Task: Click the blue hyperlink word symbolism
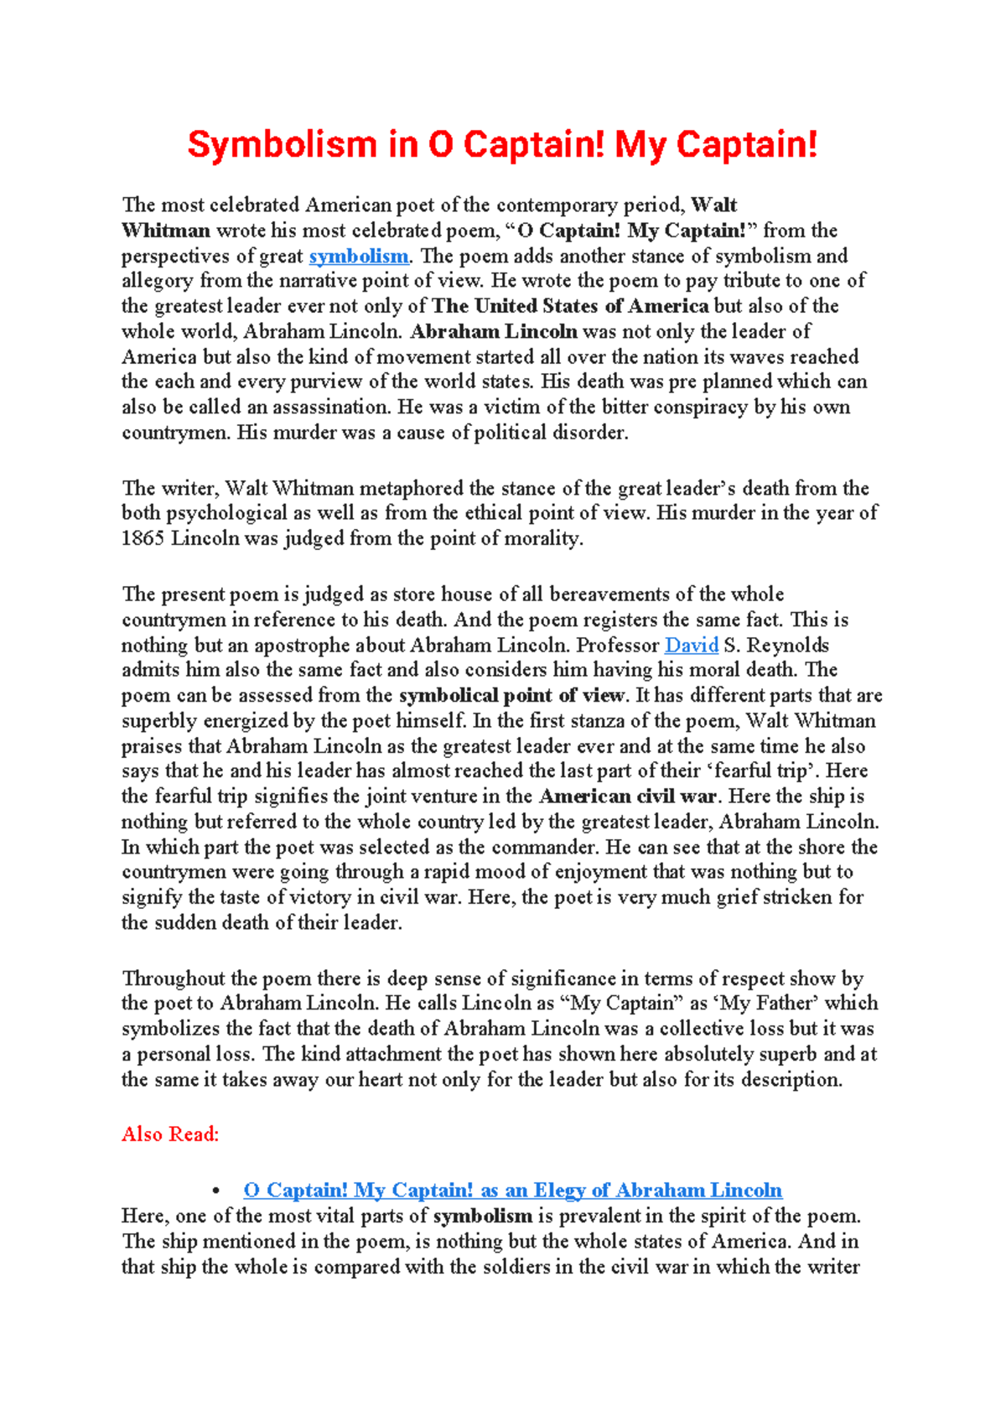pyautogui.click(x=358, y=256)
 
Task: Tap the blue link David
pyautogui.click(x=691, y=645)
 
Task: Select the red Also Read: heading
pyautogui.click(x=170, y=1134)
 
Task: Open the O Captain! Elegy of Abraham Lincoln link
pyautogui.click(x=512, y=1191)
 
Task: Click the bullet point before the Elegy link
pyautogui.click(x=217, y=1191)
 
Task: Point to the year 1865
pyautogui.click(x=143, y=538)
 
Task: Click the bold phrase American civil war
pyautogui.click(x=627, y=797)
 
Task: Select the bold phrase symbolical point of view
pyautogui.click(x=511, y=695)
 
